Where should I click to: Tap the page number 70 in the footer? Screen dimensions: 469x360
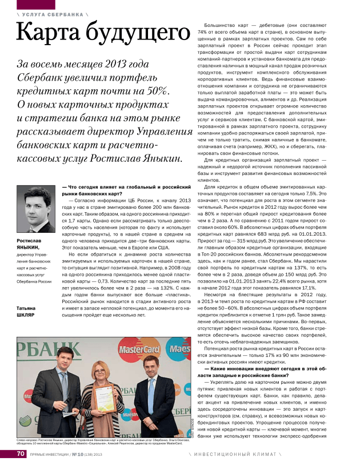21,455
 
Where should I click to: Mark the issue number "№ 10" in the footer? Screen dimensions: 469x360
78,455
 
